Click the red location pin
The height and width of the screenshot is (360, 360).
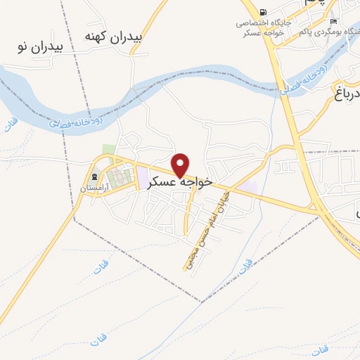[181, 165]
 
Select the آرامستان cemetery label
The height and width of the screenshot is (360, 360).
[96, 188]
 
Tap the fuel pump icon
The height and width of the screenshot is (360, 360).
[263, 12]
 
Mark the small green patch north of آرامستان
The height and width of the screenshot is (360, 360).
[108, 150]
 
